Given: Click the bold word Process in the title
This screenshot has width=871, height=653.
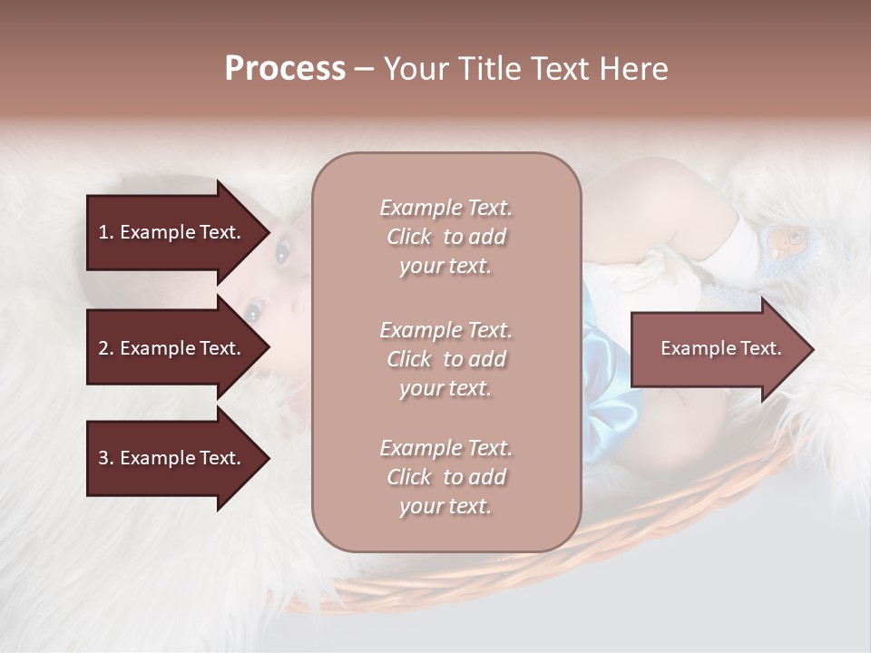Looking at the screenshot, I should tap(285, 69).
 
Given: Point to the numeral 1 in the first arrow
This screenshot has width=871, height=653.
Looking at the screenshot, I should tap(103, 232).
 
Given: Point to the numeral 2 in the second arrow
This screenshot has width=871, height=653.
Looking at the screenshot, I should tap(103, 348).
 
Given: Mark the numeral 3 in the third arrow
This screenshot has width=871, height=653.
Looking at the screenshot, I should tap(103, 458).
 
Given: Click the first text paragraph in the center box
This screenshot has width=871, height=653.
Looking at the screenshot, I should tap(445, 237).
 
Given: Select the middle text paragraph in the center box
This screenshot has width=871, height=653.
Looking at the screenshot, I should tap(445, 359).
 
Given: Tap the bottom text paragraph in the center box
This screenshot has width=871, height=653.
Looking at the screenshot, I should tap(445, 477).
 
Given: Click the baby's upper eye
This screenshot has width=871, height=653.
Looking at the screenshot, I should tap(282, 253).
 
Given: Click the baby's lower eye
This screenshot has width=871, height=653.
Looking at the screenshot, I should tap(252, 311).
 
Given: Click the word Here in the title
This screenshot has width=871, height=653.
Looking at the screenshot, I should tap(634, 69).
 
